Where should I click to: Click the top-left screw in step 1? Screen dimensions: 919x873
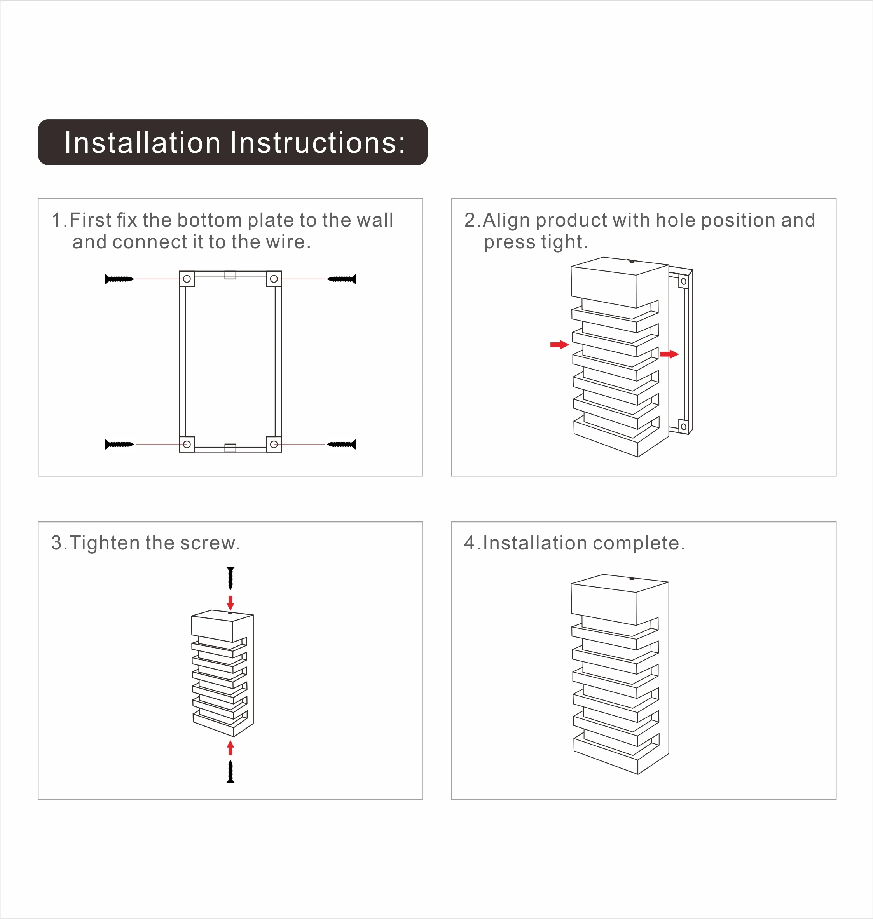119,279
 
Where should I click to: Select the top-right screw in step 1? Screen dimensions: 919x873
342,279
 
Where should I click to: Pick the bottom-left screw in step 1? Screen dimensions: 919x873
119,445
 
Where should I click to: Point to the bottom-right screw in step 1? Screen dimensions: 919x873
342,445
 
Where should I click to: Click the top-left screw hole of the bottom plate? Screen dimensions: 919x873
187,279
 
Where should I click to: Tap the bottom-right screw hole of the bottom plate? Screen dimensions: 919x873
274,445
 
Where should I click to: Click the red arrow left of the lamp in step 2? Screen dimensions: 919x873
559,344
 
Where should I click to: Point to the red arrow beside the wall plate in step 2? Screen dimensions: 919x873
669,354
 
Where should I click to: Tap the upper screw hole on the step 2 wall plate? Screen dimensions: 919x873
683,281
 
